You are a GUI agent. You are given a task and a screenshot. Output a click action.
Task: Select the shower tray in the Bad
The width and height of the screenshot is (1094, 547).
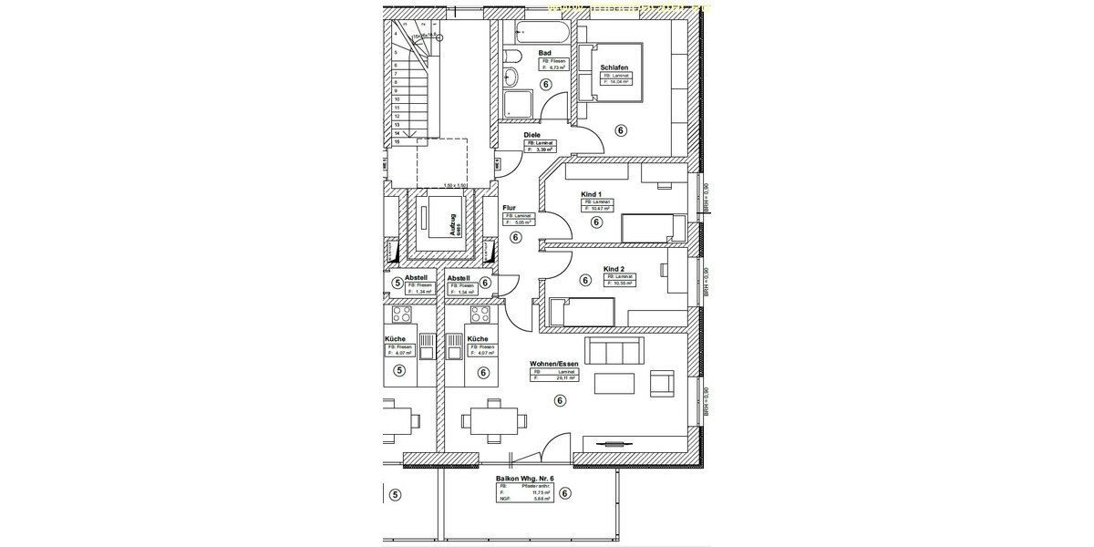pos(517,104)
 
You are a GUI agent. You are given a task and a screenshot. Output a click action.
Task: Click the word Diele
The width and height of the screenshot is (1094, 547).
pos(532,136)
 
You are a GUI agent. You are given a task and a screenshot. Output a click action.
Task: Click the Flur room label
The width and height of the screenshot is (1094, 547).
pos(510,207)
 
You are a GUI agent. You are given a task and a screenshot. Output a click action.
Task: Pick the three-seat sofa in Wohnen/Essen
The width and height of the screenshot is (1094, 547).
pos(615,351)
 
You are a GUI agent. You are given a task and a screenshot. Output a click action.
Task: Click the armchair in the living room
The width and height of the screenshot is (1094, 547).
pos(661,383)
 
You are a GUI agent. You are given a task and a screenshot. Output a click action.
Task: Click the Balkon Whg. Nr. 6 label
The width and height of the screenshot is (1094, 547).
pos(525,478)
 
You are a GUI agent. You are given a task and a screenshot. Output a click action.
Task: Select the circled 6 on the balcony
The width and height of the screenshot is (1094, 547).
pos(565,494)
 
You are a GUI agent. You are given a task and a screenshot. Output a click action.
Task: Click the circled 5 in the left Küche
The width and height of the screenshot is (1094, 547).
pos(398,371)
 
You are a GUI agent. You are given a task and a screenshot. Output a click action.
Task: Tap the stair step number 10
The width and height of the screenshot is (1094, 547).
pos(397,99)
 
